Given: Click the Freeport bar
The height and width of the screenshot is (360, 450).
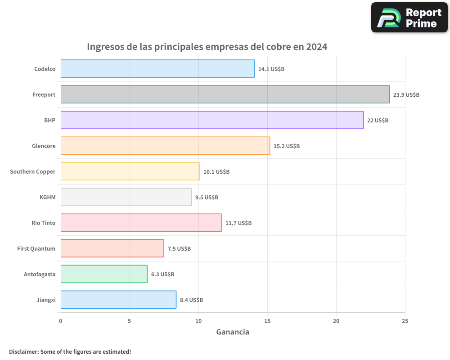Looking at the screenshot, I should click(225, 94).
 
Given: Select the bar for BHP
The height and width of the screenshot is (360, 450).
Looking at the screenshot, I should click(212, 120).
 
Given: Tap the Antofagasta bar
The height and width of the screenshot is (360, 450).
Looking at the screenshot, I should click(104, 274).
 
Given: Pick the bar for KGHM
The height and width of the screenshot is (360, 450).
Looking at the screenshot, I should click(126, 197).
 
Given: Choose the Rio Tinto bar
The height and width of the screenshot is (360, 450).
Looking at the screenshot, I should click(141, 223).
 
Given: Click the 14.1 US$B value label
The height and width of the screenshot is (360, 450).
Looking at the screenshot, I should click(271, 69).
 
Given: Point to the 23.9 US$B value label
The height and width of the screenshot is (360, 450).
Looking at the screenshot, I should click(406, 95).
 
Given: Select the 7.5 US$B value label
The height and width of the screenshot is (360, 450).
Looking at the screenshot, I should click(179, 249).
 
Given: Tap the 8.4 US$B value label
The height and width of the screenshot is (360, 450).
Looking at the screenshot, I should click(191, 300).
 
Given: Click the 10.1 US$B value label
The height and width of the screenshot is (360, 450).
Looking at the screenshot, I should click(216, 172).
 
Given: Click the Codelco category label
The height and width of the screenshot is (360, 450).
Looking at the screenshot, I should click(45, 69).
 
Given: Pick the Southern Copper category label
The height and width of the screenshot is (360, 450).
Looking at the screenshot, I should click(33, 171).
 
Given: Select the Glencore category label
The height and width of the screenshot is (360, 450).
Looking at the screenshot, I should click(44, 146).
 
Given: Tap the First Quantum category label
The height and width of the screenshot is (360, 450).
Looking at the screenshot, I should click(36, 248).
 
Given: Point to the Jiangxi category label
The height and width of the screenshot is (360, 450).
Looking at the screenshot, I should click(46, 300).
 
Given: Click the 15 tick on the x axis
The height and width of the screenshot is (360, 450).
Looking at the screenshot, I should click(267, 320).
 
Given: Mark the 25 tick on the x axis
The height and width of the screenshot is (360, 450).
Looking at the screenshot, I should click(405, 320).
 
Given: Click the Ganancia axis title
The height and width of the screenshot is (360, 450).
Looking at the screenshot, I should click(233, 332).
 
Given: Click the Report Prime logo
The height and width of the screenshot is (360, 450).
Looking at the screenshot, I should click(409, 18).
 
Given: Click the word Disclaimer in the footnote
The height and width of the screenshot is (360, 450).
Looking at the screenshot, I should click(23, 351).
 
